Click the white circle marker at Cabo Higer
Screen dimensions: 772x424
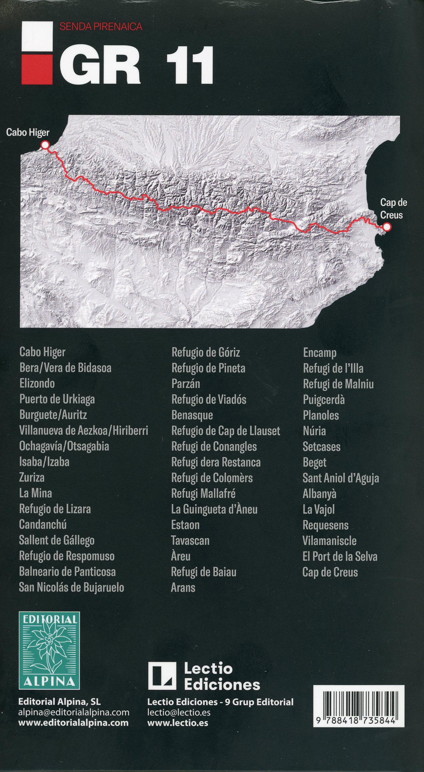pyautogui.click(x=45, y=145)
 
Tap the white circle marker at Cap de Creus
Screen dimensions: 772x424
pyautogui.click(x=387, y=227)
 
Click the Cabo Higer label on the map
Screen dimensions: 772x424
pyautogui.click(x=28, y=132)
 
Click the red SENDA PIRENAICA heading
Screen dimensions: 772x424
pyautogui.click(x=101, y=27)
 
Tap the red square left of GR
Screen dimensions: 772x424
pyautogui.click(x=37, y=69)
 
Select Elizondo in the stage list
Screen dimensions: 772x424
pyautogui.click(x=37, y=383)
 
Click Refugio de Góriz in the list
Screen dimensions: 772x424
pyautogui.click(x=206, y=352)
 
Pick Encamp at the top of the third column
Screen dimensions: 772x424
pyautogui.click(x=320, y=353)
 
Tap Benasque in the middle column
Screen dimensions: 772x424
pyautogui.click(x=192, y=415)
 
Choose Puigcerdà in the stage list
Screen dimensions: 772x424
pyautogui.click(x=324, y=399)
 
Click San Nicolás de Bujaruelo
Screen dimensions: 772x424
pyautogui.click(x=72, y=587)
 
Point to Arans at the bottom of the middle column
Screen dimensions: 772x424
pyautogui.click(x=183, y=587)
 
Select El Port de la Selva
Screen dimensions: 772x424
pyautogui.click(x=340, y=556)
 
